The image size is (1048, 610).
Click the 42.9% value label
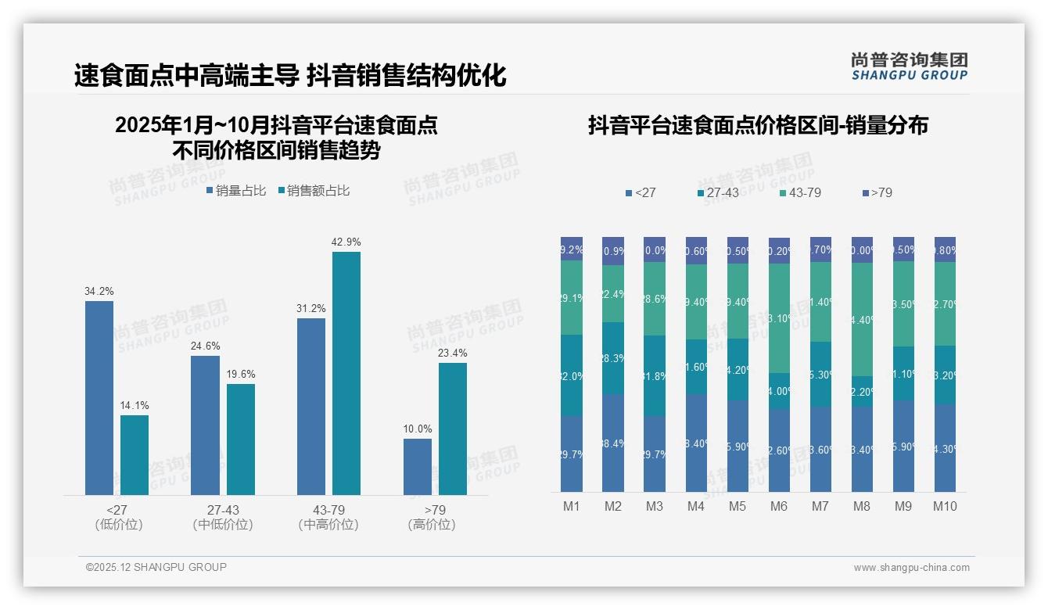346,242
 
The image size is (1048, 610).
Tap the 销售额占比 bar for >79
452,429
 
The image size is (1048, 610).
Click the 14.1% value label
135,406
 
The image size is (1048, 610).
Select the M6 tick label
778,507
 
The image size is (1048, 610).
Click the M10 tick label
945,507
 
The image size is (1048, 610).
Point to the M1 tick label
572,507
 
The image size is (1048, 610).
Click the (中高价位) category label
328,525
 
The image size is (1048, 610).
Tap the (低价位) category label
118,525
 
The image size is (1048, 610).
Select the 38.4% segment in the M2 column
613,443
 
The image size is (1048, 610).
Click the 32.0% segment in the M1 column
572,375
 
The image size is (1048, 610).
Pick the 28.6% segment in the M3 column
655,299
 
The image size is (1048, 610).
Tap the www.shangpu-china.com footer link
911,568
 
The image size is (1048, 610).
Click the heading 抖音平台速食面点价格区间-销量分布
758,125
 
